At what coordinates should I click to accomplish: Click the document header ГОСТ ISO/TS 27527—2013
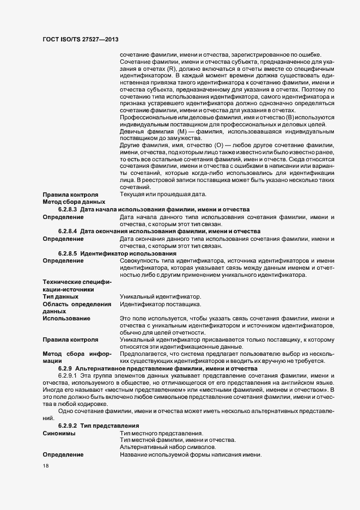click(x=81, y=40)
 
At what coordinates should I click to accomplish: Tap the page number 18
click(x=46, y=466)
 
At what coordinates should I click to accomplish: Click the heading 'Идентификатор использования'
click(x=128, y=253)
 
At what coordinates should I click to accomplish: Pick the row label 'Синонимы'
click(x=59, y=433)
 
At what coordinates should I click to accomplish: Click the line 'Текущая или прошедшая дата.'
click(x=163, y=195)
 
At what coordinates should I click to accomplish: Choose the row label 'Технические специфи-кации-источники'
click(x=76, y=286)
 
